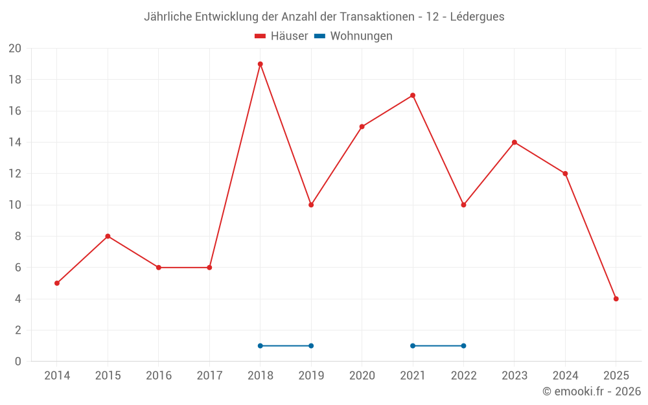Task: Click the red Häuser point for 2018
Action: tap(260, 64)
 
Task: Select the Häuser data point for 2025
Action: tap(616, 299)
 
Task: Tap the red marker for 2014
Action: tap(57, 283)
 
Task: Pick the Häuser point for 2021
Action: tap(413, 95)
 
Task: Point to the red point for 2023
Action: tap(515, 143)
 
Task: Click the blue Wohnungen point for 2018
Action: tap(260, 345)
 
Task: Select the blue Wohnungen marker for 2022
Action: tap(463, 345)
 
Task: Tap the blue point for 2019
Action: tap(311, 345)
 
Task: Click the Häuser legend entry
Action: tap(281, 36)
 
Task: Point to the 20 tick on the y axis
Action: tap(15, 49)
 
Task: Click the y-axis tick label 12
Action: tap(15, 174)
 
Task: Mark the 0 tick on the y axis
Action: tap(18, 361)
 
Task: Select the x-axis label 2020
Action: tap(362, 376)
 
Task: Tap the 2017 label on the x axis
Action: tap(209, 376)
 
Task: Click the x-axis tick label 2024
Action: tap(565, 376)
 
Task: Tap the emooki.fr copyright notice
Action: tap(592, 391)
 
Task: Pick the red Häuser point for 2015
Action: tap(108, 236)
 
